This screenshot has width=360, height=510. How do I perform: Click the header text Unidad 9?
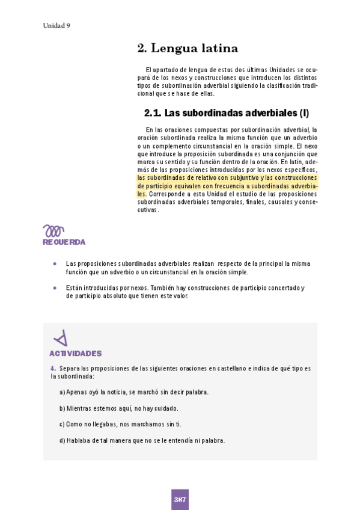click(56, 25)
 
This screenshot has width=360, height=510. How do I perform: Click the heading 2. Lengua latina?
click(188, 48)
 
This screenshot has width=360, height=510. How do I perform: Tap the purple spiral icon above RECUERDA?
click(53, 230)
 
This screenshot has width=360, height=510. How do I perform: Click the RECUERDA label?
click(64, 242)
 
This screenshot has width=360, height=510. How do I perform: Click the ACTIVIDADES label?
click(75, 354)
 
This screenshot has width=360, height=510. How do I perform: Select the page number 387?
click(180, 499)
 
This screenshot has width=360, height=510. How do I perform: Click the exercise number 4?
click(53, 368)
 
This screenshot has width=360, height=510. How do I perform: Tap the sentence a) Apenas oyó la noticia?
click(134, 392)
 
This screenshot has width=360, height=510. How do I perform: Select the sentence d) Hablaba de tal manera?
click(142, 440)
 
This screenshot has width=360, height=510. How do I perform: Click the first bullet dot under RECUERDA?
click(55, 264)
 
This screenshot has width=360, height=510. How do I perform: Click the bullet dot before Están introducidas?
click(55, 288)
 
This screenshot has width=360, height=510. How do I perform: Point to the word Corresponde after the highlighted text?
click(165, 194)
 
